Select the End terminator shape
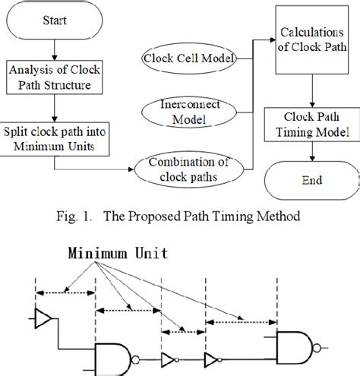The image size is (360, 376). [x=311, y=180]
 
